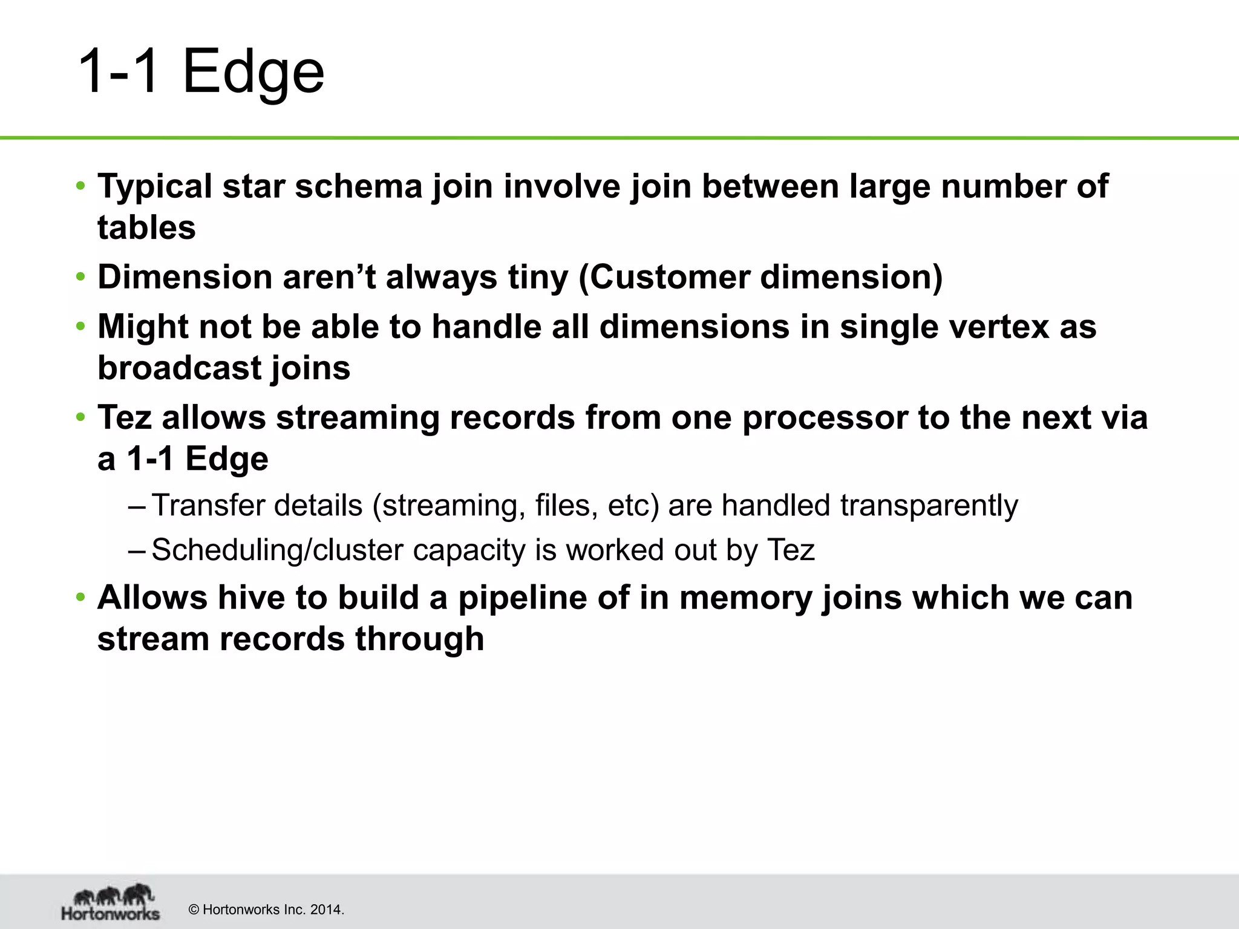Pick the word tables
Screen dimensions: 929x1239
(146, 227)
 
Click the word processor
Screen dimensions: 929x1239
(825, 417)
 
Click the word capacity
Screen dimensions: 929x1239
(468, 550)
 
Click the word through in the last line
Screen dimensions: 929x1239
(419, 639)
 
